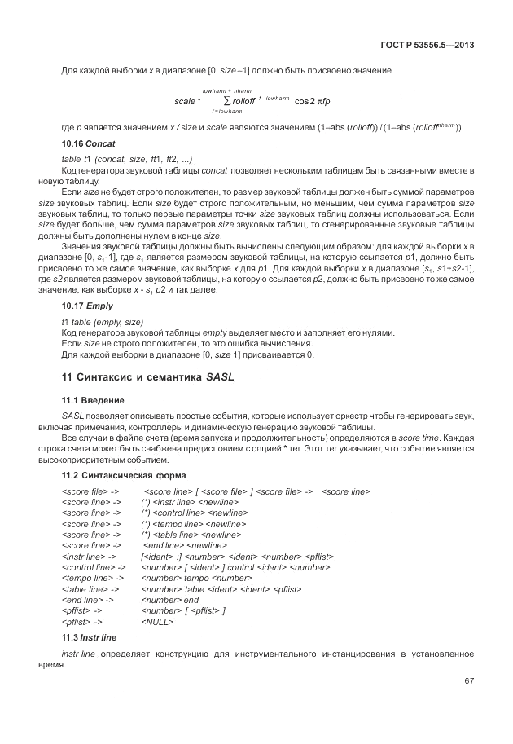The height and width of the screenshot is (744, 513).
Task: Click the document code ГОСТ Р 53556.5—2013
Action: point(427,43)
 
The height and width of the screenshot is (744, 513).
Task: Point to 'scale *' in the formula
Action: point(187,101)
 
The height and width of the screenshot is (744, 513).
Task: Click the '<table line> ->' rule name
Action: point(90,588)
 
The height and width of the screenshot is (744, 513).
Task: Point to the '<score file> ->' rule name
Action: point(90,491)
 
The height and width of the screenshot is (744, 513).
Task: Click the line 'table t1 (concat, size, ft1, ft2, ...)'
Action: point(126,157)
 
